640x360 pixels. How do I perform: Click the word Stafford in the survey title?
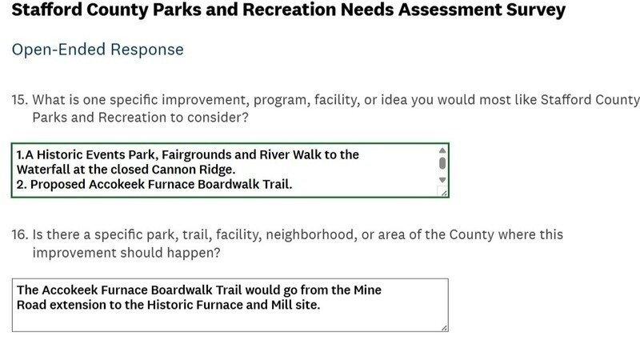coord(47,10)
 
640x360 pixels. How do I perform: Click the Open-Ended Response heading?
coord(98,50)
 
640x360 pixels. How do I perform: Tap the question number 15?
coord(19,99)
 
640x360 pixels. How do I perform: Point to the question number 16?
coord(19,234)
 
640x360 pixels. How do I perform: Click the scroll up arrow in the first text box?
coord(442,150)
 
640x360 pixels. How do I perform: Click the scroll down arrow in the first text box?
coord(442,180)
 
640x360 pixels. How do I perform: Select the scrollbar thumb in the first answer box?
coord(442,163)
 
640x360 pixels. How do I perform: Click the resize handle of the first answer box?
coord(444,193)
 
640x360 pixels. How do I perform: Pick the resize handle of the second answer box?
coord(444,328)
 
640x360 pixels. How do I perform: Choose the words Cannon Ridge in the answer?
coord(194,170)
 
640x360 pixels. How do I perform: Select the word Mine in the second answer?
coord(367,290)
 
